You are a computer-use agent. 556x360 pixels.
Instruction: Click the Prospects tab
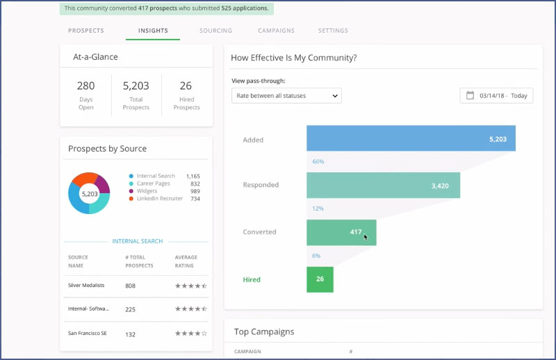coord(86,31)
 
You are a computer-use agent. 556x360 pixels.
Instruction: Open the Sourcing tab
coord(215,31)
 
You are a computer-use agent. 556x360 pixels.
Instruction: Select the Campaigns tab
coord(276,31)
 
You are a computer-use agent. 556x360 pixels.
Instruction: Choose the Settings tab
coord(333,31)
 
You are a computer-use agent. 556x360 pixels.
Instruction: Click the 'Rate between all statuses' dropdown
coord(286,95)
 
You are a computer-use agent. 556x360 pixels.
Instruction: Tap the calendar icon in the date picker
coord(470,95)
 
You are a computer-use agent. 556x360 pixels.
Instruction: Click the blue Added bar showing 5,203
coord(411,139)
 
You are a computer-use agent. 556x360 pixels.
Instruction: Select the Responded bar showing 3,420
coord(383,186)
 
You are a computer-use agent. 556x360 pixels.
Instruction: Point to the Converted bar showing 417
coord(341,232)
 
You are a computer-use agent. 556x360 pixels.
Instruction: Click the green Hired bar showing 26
coord(320,279)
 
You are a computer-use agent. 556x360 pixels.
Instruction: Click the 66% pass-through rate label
coord(318,162)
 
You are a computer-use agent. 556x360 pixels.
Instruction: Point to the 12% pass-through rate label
coord(318,208)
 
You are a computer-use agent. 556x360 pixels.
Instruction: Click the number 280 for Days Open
coord(85,86)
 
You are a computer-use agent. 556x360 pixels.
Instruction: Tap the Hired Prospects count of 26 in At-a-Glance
coord(186,86)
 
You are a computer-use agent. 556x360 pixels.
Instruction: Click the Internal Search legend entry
coord(156,177)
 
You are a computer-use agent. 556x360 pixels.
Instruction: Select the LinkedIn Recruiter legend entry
coord(159,199)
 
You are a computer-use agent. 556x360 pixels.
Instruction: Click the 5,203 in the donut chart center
coord(89,193)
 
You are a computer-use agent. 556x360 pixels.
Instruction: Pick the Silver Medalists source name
coord(88,286)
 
